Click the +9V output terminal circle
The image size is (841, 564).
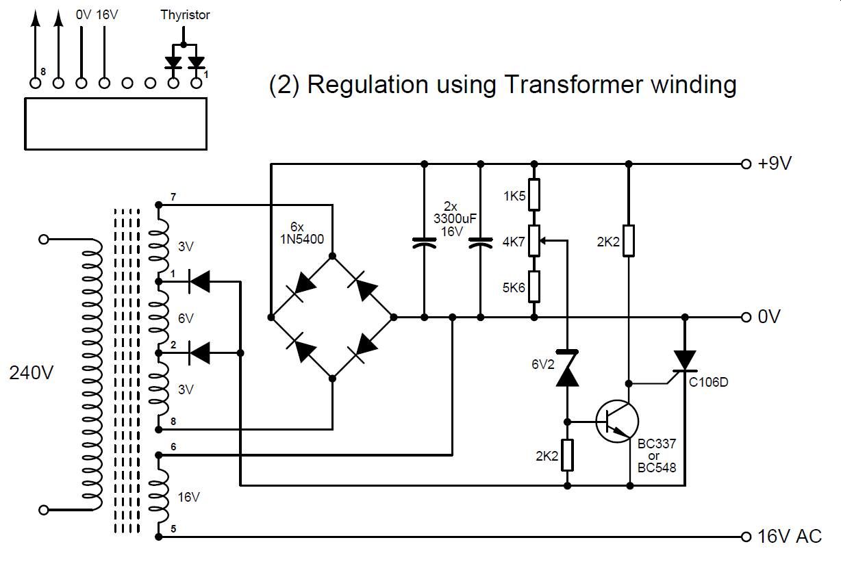(x=746, y=164)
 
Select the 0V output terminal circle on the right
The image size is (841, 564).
(x=746, y=318)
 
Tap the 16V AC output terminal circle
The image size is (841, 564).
(x=746, y=537)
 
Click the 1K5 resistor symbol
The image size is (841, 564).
(x=534, y=195)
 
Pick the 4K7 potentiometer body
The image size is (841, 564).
(x=534, y=241)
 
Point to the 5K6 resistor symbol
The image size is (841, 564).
(x=534, y=287)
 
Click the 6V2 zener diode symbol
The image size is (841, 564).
(x=567, y=370)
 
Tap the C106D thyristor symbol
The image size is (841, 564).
(x=684, y=361)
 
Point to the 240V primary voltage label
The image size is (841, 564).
(x=32, y=374)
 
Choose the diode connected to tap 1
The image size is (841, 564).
(x=199, y=281)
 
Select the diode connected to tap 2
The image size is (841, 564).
(x=199, y=352)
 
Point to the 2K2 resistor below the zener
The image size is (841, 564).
(x=567, y=456)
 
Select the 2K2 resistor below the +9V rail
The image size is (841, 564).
(x=628, y=241)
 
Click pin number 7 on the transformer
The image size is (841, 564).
(x=173, y=198)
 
